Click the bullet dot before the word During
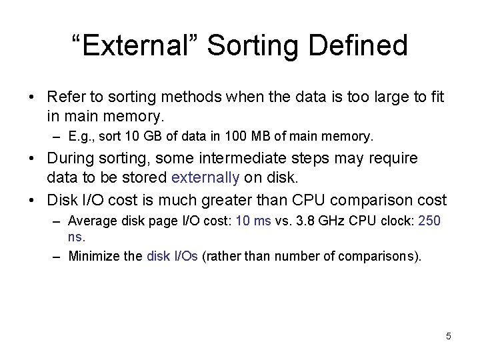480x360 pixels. (x=31, y=159)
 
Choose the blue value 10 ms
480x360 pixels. (x=254, y=221)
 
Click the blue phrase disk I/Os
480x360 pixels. (x=172, y=255)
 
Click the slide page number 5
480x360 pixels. (x=449, y=336)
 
